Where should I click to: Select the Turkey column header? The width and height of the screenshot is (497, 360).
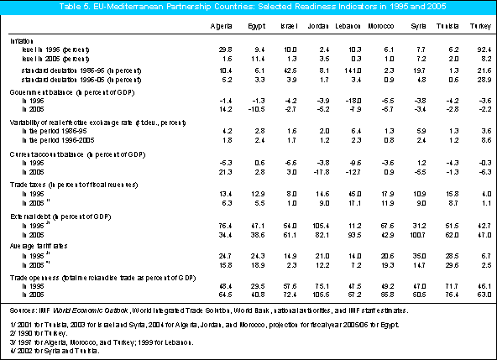[479, 26]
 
